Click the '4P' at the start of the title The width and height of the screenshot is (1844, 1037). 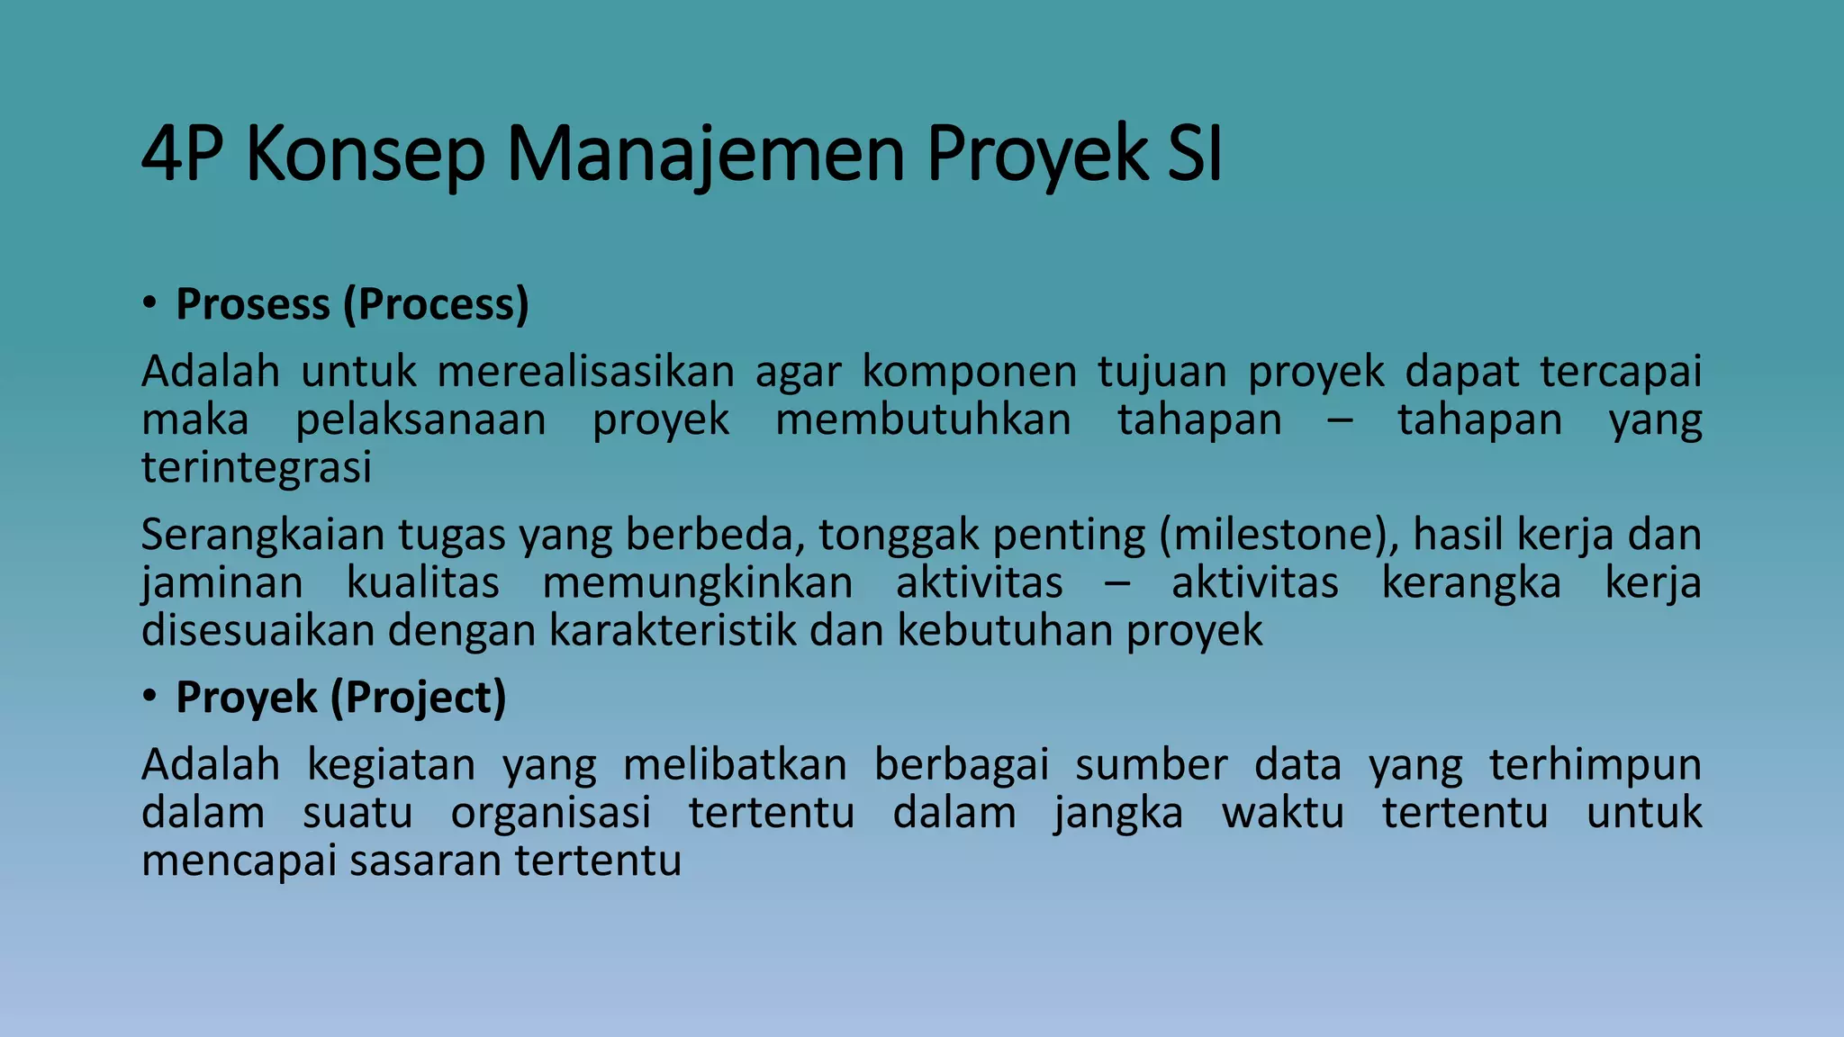coord(182,154)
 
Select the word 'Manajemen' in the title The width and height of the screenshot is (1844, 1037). coord(705,154)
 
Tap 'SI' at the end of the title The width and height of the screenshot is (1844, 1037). coord(1195,154)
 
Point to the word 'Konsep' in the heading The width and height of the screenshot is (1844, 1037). coord(365,154)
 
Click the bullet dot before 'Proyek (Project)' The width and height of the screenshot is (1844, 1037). coord(149,696)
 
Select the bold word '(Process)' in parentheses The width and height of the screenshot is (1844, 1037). coord(436,304)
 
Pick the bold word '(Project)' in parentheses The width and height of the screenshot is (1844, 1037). coord(419,698)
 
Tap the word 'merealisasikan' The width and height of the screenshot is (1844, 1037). coord(586,371)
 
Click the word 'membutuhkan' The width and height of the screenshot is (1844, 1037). coord(923,419)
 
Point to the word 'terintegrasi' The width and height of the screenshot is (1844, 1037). coord(257,467)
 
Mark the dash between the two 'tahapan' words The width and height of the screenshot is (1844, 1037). coord(1340,420)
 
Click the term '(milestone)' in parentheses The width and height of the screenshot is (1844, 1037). coord(1278,535)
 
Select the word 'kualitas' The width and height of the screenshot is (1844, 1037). coord(422,582)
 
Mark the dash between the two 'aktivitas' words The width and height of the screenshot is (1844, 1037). coord(1116,583)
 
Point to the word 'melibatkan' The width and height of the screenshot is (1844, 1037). coord(735,765)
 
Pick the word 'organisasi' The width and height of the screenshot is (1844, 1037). coord(551,813)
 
